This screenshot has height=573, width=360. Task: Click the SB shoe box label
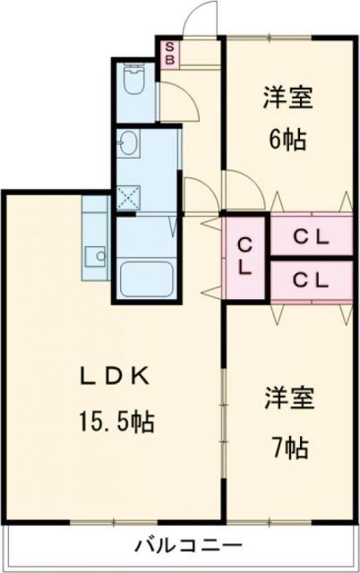(x=169, y=53)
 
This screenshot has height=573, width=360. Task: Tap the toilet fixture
(x=133, y=83)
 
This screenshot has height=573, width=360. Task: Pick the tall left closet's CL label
(x=244, y=255)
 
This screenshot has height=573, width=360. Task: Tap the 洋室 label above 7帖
(x=288, y=398)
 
